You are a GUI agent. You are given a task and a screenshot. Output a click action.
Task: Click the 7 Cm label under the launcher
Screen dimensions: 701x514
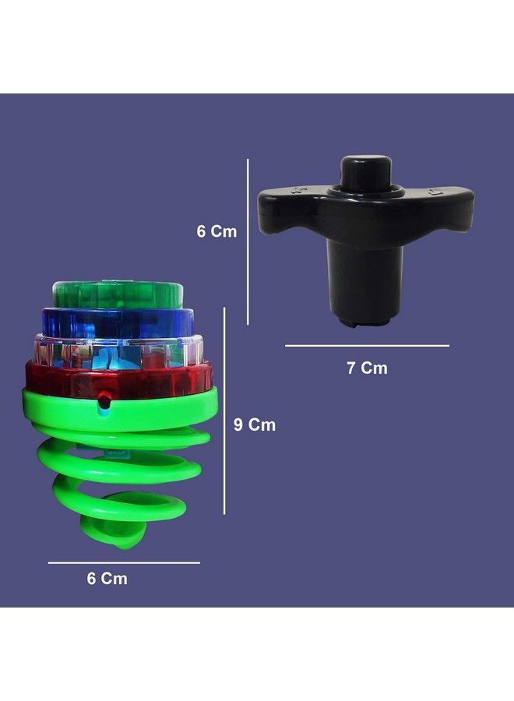tap(367, 368)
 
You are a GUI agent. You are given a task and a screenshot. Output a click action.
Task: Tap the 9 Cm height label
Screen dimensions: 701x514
tap(255, 425)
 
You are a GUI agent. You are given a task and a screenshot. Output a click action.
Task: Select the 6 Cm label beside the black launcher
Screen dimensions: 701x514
tap(217, 232)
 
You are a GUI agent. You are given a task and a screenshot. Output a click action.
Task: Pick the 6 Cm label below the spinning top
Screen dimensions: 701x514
tap(106, 579)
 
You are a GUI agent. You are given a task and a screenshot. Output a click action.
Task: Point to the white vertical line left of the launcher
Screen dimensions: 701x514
tap(248, 241)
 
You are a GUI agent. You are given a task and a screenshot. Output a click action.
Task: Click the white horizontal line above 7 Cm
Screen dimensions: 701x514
tap(367, 345)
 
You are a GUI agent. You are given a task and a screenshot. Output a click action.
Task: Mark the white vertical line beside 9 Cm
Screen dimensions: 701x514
tap(224, 410)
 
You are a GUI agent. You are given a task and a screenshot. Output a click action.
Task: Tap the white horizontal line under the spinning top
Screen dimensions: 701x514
tap(124, 562)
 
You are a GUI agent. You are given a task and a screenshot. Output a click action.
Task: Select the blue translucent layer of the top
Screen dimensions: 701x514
tap(117, 322)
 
